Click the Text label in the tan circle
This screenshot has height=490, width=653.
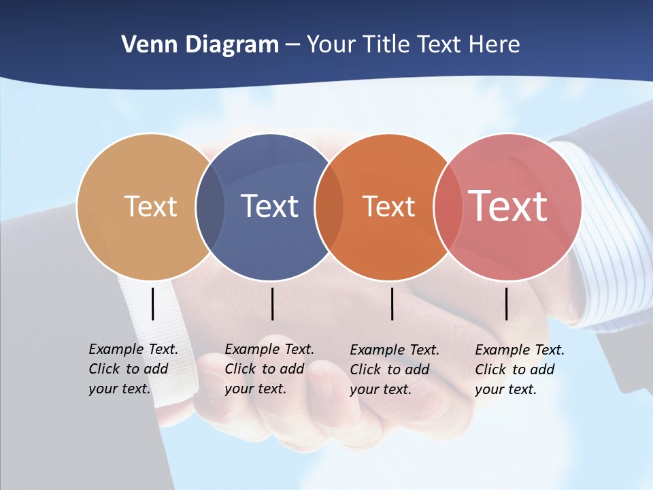pyautogui.click(x=150, y=206)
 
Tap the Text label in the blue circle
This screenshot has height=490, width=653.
pyautogui.click(x=269, y=206)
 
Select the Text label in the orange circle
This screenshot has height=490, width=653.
pyautogui.click(x=388, y=206)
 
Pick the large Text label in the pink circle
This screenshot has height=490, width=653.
pyautogui.click(x=508, y=206)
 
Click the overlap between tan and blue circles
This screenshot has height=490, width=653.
pyautogui.click(x=210, y=206)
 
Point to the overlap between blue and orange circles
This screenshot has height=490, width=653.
pyautogui.click(x=329, y=206)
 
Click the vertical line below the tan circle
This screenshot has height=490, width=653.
pyautogui.click(x=153, y=304)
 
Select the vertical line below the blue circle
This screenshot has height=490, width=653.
pyautogui.click(x=272, y=304)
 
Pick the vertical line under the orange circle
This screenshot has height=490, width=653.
pyautogui.click(x=392, y=304)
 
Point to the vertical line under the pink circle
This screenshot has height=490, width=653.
pyautogui.click(x=507, y=304)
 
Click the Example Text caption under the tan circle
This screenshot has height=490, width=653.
pyautogui.click(x=133, y=369)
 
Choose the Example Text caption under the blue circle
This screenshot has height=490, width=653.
pyautogui.click(x=269, y=369)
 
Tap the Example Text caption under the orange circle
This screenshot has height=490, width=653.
pyautogui.click(x=394, y=370)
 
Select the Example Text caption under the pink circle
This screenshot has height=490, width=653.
pyautogui.click(x=519, y=370)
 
